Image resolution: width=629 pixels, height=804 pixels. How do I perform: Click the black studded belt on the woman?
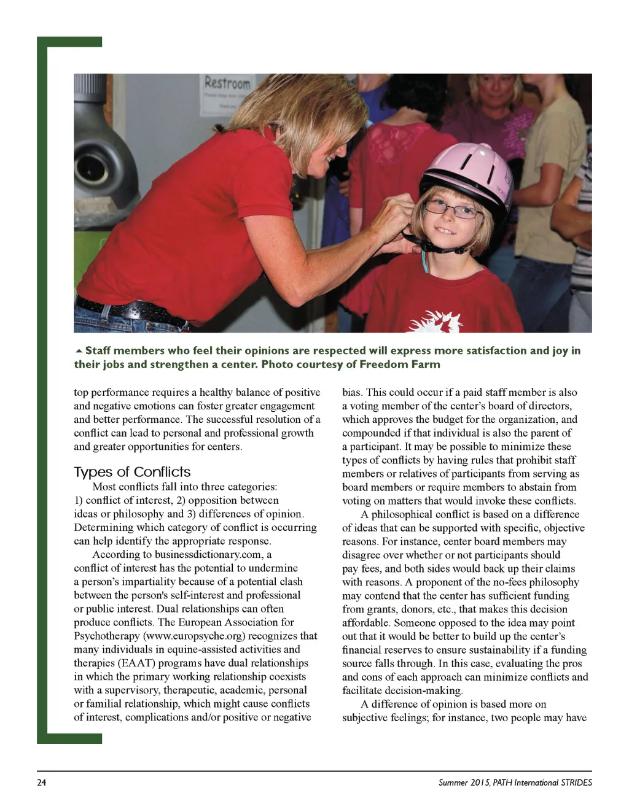(129, 309)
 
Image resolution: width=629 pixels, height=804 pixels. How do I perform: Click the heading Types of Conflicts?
(132, 472)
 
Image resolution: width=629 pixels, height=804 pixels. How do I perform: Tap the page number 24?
(42, 783)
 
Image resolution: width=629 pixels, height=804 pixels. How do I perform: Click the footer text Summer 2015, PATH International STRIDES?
(515, 783)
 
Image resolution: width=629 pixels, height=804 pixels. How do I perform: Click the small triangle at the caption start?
(78, 351)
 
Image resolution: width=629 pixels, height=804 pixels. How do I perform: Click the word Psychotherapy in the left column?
(106, 636)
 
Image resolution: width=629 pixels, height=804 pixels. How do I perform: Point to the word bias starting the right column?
(352, 392)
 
